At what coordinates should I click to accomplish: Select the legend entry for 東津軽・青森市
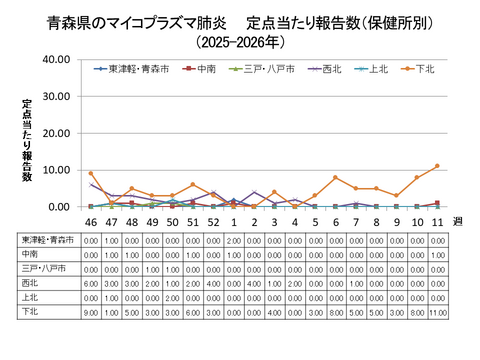(x=136, y=68)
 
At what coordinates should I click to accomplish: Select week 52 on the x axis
(x=212, y=221)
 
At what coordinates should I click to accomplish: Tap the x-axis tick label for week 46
(x=90, y=221)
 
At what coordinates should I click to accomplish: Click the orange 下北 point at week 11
(x=437, y=166)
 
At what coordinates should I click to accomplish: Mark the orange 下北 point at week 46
(x=90, y=174)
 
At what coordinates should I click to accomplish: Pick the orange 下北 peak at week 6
(x=335, y=178)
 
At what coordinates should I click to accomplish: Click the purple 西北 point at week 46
(x=90, y=185)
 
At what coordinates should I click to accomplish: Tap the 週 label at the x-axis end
(x=458, y=221)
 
